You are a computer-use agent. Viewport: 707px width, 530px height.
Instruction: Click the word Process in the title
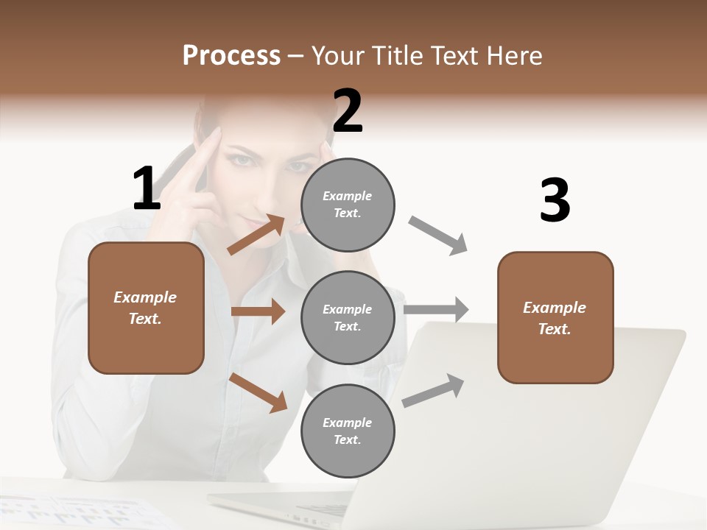tap(231, 55)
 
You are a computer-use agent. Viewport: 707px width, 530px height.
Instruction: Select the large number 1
tap(147, 188)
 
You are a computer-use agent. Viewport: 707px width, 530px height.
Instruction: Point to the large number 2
tap(348, 111)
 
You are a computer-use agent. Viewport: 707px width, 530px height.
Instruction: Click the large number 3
tap(555, 201)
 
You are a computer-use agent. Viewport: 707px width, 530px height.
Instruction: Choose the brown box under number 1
tap(146, 308)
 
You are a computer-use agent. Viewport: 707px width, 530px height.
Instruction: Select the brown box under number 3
tap(555, 317)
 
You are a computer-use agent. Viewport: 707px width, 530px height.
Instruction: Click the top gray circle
tap(348, 205)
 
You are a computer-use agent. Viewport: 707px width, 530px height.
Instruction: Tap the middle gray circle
tap(348, 317)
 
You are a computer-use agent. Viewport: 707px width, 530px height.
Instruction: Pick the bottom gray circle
tap(348, 431)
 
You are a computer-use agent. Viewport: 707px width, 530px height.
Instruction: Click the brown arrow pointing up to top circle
tap(256, 235)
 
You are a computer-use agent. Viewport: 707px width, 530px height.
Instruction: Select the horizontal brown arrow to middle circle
tap(258, 311)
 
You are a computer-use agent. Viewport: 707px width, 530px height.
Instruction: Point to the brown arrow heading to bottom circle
tap(258, 392)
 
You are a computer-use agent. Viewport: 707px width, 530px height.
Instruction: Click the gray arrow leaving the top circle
tap(438, 236)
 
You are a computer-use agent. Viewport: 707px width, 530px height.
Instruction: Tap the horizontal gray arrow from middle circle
tap(436, 309)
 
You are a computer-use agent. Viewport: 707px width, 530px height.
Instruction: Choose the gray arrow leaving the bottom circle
tap(433, 391)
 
